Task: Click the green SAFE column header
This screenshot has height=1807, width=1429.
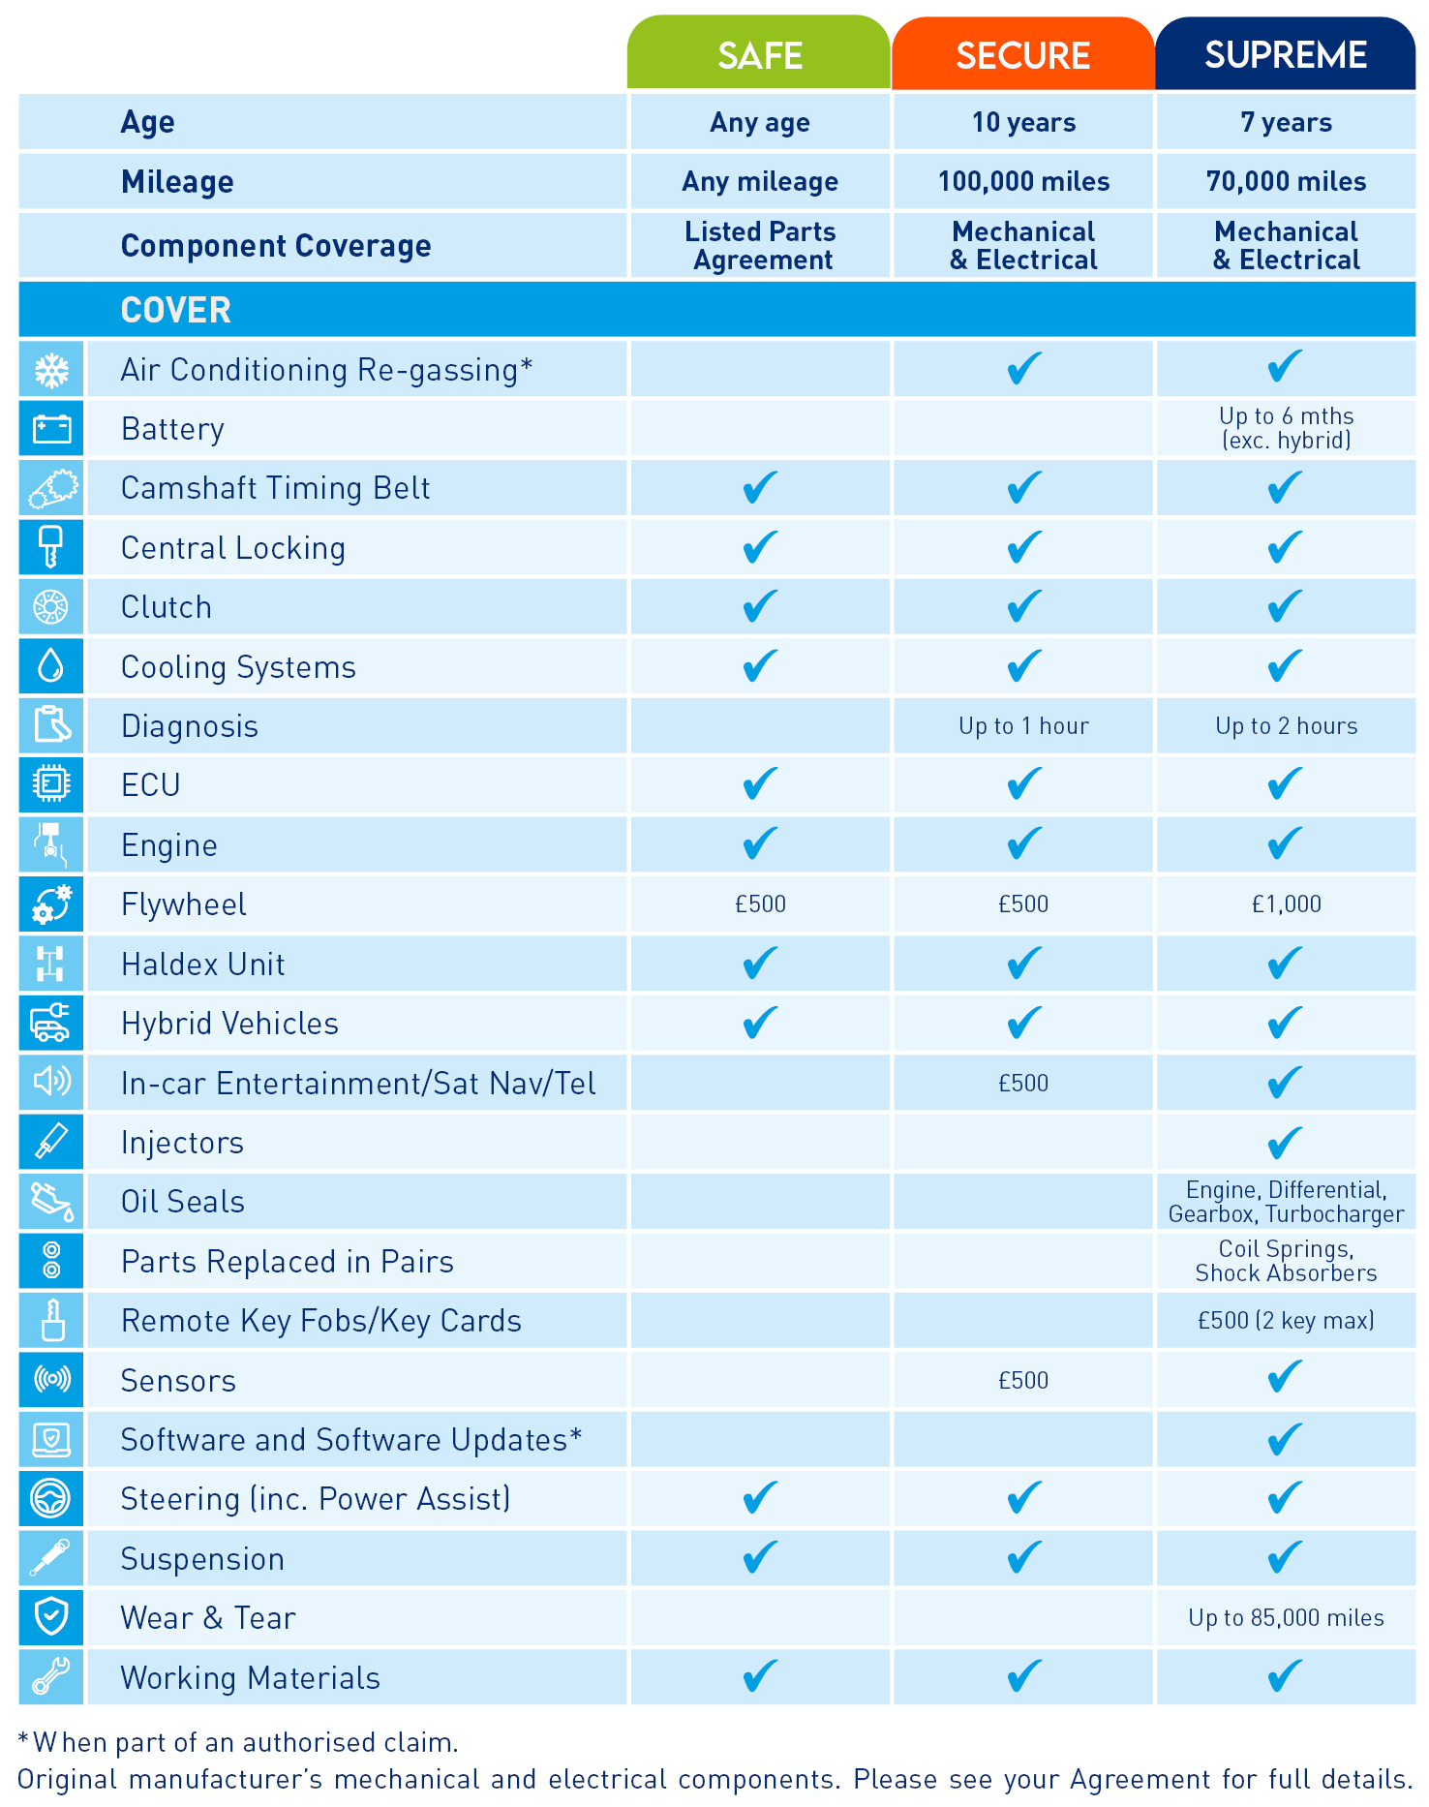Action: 759,55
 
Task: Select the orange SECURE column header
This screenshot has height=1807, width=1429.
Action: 1022,55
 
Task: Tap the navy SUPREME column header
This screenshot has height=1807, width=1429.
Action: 1285,55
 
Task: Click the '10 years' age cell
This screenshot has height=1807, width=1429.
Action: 1023,123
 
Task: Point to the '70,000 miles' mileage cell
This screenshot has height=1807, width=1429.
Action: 1286,182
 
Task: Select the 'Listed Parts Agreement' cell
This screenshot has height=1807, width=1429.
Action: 761,246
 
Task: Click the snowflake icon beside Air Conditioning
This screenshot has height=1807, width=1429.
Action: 51,369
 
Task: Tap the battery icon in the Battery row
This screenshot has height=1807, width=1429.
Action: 51,428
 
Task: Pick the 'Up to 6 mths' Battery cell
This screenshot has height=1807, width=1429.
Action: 1286,428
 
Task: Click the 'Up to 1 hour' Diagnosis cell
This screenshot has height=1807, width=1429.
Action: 1023,726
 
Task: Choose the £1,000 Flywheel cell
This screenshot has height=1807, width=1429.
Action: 1286,904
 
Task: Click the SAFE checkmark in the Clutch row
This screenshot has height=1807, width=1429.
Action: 760,607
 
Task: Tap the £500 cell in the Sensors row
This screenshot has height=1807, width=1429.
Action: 1023,1381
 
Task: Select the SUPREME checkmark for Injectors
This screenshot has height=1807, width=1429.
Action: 1285,1143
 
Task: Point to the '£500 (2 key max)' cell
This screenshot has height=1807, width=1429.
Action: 1286,1321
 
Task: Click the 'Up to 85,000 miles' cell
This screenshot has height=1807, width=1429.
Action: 1286,1618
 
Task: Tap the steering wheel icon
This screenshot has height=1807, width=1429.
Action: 51,1499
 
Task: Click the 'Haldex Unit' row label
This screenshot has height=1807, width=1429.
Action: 203,965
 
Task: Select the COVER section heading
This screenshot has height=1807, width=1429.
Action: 176,311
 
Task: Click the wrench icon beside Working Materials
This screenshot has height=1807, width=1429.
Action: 51,1677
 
